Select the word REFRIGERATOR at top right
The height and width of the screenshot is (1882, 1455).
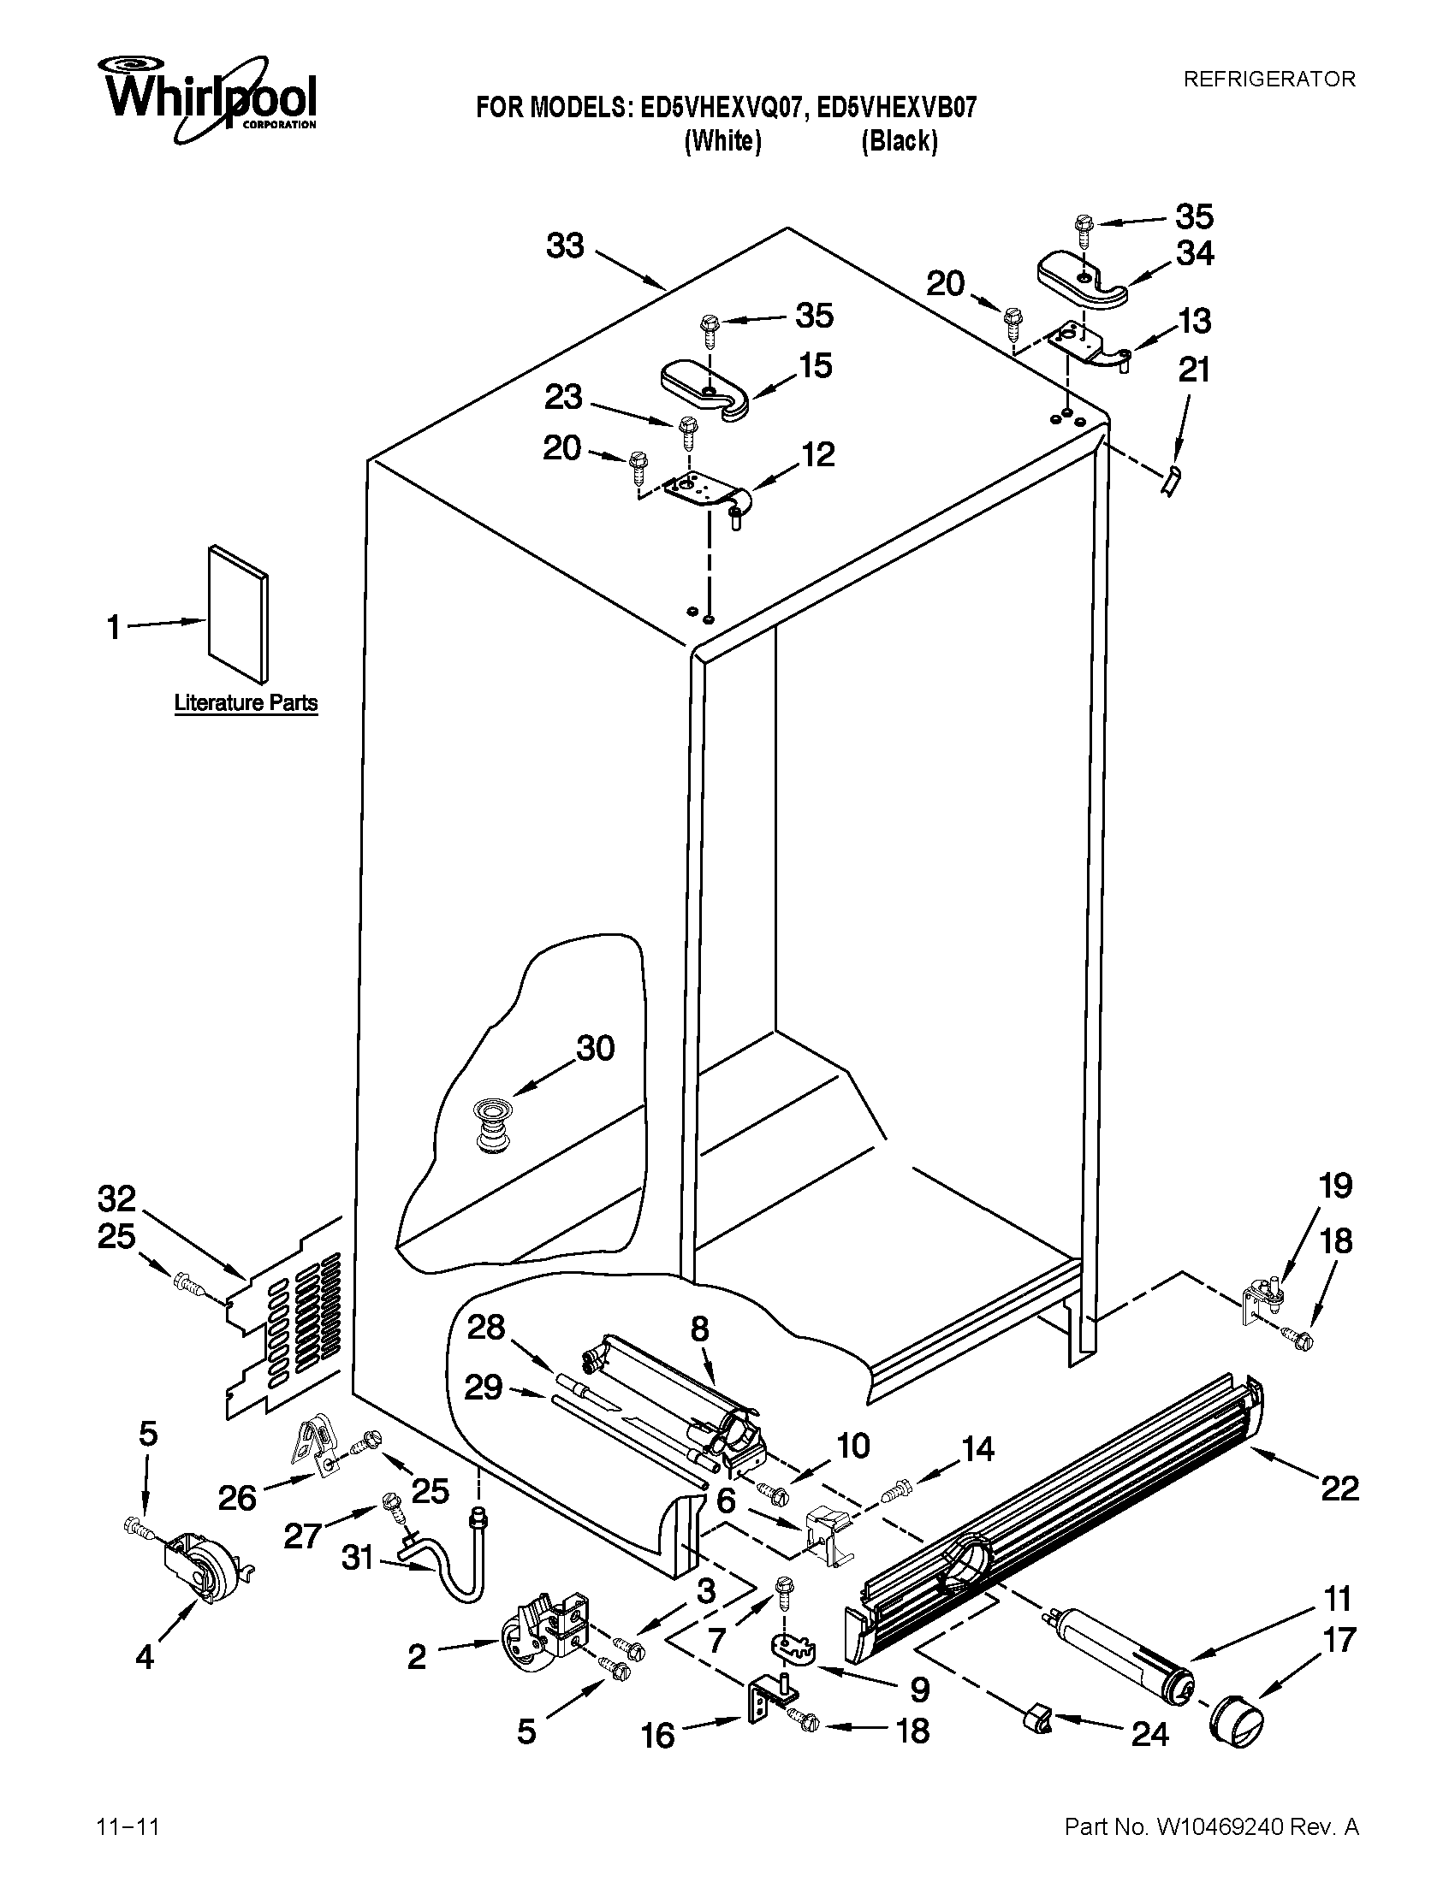tap(1268, 80)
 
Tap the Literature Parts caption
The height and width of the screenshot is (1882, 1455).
tap(246, 703)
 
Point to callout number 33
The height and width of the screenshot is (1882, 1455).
tap(566, 246)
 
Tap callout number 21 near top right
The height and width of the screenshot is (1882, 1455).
tap(1194, 370)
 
